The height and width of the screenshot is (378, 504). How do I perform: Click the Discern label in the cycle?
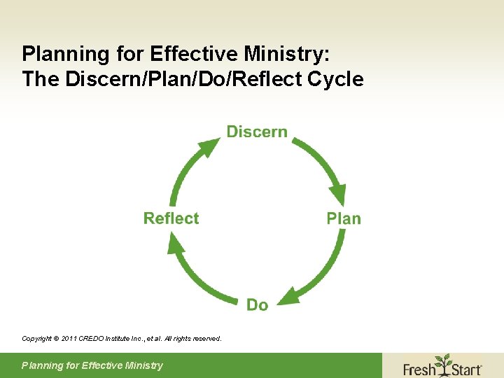coord(257,132)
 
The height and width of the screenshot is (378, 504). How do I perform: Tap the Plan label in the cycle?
coord(344,218)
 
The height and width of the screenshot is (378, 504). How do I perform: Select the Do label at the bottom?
coord(257,304)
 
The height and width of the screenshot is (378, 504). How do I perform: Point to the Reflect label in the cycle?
coord(171,218)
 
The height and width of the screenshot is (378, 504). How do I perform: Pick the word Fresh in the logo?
coord(420,367)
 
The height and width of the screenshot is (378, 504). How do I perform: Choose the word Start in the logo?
coord(465,367)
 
